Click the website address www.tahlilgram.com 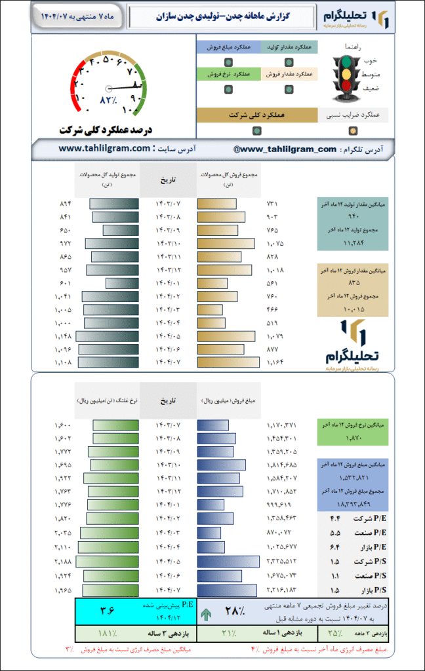(x=105, y=149)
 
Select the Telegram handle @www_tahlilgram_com (x=285, y=149)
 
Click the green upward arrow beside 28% (x=207, y=613)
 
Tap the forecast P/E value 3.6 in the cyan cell (x=106, y=611)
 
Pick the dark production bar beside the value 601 (x=123, y=283)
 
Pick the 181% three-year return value (x=106, y=634)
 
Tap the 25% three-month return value (x=335, y=634)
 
